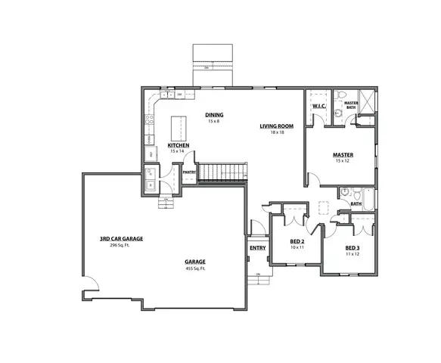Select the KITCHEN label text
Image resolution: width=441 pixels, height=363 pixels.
tap(179, 145)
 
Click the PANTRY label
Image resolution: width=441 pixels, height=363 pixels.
tap(188, 172)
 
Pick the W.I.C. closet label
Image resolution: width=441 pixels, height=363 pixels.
tap(318, 107)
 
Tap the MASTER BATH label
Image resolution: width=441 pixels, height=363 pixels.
tap(351, 104)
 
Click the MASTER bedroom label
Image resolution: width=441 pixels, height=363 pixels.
tap(343, 155)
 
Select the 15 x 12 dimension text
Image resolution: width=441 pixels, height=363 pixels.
tap(343, 161)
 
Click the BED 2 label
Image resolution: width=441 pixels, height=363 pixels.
tap(297, 242)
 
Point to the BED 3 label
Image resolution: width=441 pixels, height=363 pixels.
tap(352, 247)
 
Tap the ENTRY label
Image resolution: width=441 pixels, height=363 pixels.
tap(257, 247)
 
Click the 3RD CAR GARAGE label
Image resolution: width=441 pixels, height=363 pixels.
tap(121, 239)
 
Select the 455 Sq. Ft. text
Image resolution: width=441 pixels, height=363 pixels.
tap(195, 269)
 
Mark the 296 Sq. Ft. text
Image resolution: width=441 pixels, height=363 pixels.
tap(121, 245)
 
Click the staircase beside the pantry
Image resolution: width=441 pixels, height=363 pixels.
tap(222, 171)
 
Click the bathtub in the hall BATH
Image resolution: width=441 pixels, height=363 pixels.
tap(367, 194)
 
